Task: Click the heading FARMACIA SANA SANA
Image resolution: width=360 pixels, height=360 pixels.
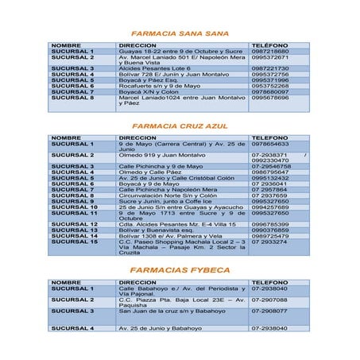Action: click(x=180, y=34)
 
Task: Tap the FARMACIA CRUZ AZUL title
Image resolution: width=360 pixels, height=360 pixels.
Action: click(x=180, y=126)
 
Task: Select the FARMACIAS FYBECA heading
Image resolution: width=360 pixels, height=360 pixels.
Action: click(x=180, y=270)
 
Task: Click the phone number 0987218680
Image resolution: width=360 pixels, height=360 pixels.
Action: click(x=270, y=52)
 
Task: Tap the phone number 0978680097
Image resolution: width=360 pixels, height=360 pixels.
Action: click(x=270, y=91)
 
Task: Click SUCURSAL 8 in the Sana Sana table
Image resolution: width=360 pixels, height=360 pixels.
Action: click(x=72, y=98)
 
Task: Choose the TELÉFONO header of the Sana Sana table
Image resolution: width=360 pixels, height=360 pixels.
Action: click(x=269, y=45)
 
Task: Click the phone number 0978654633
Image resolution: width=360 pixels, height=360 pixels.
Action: click(x=270, y=143)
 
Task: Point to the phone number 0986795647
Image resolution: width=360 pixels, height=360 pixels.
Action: click(x=270, y=172)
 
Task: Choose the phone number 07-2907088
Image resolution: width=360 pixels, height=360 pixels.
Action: click(x=270, y=300)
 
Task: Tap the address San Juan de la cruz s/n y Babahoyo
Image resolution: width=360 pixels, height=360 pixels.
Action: click(x=172, y=311)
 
